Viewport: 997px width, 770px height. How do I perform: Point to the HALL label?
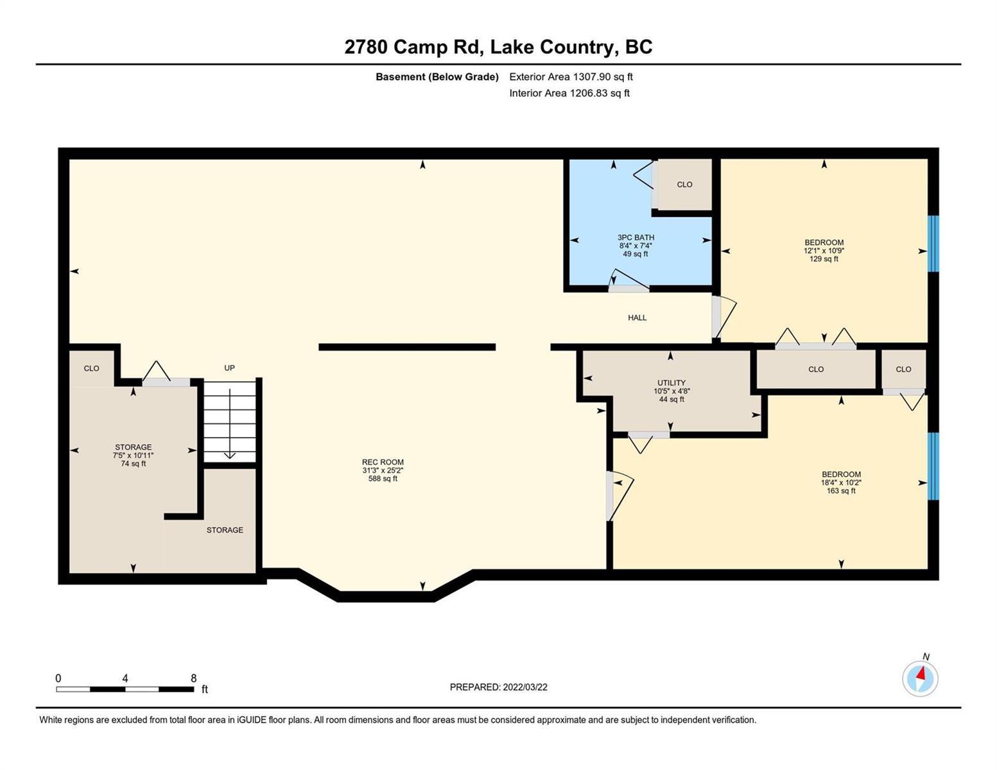(637, 318)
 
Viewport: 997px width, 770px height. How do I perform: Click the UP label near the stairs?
(229, 368)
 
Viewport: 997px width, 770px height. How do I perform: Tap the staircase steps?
(229, 422)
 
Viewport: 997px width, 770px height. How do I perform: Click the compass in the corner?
(920, 678)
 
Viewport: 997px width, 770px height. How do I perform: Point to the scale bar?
(125, 689)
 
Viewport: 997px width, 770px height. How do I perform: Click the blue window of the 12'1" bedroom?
(933, 244)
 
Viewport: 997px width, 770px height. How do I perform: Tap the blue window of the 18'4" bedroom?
(933, 466)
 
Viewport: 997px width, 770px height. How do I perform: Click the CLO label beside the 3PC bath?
(684, 184)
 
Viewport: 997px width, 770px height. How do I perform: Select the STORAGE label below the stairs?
(225, 529)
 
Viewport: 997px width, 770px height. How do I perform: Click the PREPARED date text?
(498, 687)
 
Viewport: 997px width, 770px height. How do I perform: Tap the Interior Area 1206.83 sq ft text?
(569, 93)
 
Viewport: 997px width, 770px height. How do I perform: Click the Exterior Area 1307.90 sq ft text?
(571, 76)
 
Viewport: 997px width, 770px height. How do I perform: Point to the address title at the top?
(498, 47)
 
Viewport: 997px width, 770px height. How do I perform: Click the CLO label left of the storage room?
(91, 368)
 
